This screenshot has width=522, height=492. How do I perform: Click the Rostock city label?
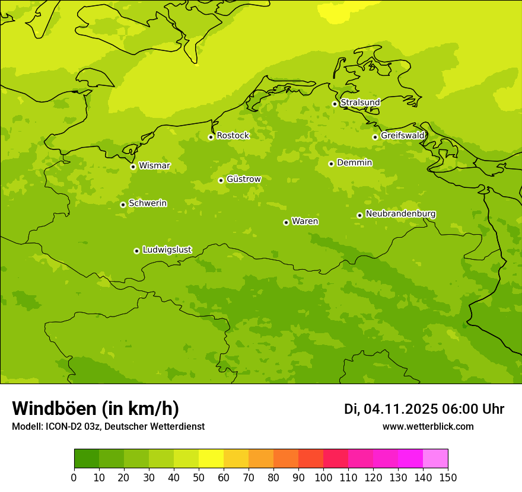click(233, 136)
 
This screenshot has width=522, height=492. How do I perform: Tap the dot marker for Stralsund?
click(335, 104)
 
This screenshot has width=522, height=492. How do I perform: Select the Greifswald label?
click(403, 136)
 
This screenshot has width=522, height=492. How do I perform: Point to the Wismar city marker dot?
click(133, 167)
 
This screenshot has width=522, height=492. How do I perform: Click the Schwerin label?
click(148, 203)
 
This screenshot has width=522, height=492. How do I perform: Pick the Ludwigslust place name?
click(167, 250)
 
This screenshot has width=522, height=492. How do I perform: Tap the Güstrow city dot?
click(221, 180)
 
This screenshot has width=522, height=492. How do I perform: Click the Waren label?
click(305, 222)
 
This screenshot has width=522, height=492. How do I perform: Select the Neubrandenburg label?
click(400, 214)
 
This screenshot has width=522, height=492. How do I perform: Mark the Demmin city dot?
click(331, 164)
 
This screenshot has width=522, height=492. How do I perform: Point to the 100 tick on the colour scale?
click(323, 477)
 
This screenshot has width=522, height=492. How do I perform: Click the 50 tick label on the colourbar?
click(199, 477)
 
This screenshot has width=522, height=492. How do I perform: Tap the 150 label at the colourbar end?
click(448, 477)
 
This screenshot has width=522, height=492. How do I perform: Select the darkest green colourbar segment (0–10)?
click(87, 459)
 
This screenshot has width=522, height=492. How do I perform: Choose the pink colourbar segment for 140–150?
click(435, 459)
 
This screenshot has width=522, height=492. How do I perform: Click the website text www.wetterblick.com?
click(428, 427)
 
